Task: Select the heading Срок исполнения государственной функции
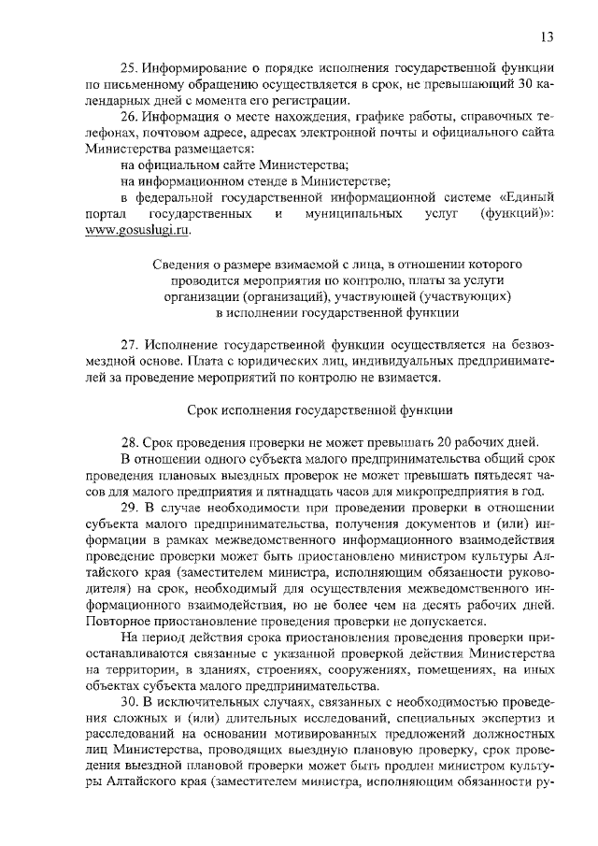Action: point(320,409)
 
